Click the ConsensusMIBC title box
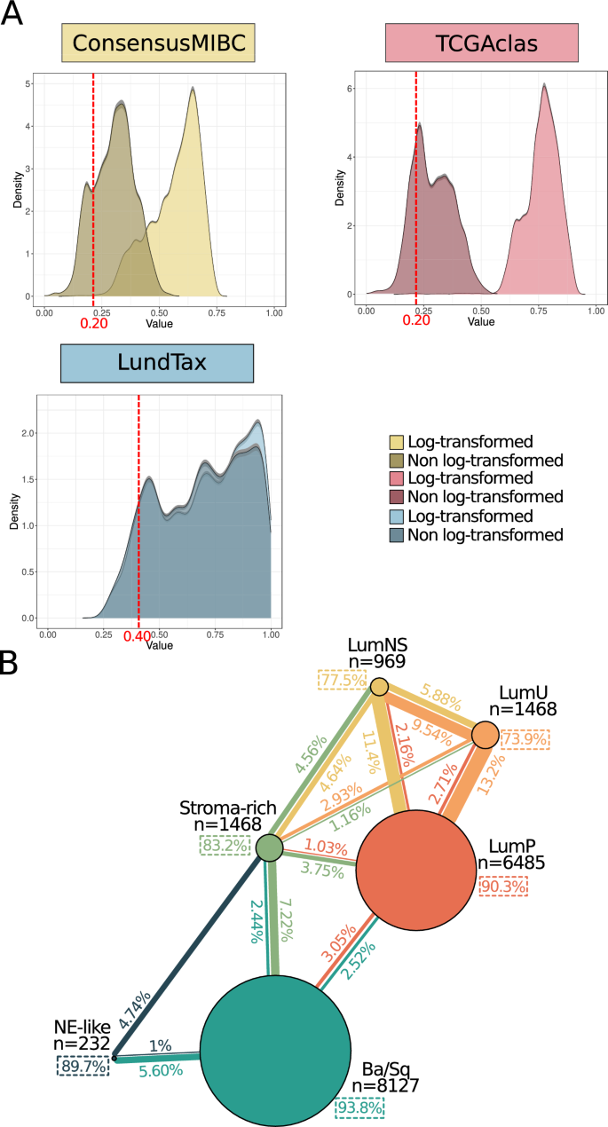[x=157, y=43]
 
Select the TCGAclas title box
[x=482, y=43]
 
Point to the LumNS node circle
[x=379, y=686]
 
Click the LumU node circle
[x=485, y=735]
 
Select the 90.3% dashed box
[x=503, y=886]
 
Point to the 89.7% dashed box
[x=83, y=1067]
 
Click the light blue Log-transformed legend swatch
[x=398, y=516]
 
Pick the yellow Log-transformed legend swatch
[x=398, y=442]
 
